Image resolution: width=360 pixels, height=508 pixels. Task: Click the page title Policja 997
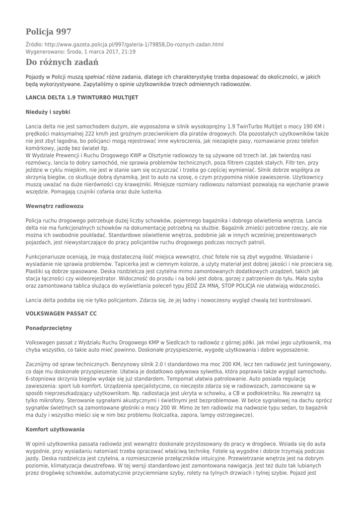[x=48, y=32]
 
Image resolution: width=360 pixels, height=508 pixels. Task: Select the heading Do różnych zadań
[x=62, y=63]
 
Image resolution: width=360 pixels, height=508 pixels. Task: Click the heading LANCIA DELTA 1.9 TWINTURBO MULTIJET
[x=81, y=98]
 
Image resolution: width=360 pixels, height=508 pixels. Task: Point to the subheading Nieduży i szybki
[x=48, y=113]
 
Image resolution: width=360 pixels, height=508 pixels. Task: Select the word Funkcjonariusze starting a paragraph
[x=48, y=258]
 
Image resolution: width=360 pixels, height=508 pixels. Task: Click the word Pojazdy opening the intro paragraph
[x=36, y=77]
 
